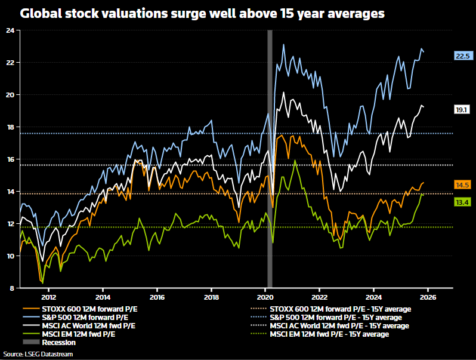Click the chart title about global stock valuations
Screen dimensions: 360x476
tap(202, 13)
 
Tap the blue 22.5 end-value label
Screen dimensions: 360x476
tap(463, 56)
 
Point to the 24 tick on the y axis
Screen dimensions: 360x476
tap(10, 30)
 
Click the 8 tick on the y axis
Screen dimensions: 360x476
tap(12, 288)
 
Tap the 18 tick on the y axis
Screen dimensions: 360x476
tap(10, 127)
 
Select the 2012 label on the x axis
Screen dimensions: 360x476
tap(48, 297)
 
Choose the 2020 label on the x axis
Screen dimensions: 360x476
tap(265, 297)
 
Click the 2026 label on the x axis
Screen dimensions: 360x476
tap(428, 297)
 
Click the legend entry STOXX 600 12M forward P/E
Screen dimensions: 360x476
tap(86, 309)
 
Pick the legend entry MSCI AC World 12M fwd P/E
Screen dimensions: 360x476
tap(86, 325)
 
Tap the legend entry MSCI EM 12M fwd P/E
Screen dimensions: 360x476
tap(77, 334)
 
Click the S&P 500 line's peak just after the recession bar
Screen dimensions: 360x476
tap(283, 45)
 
